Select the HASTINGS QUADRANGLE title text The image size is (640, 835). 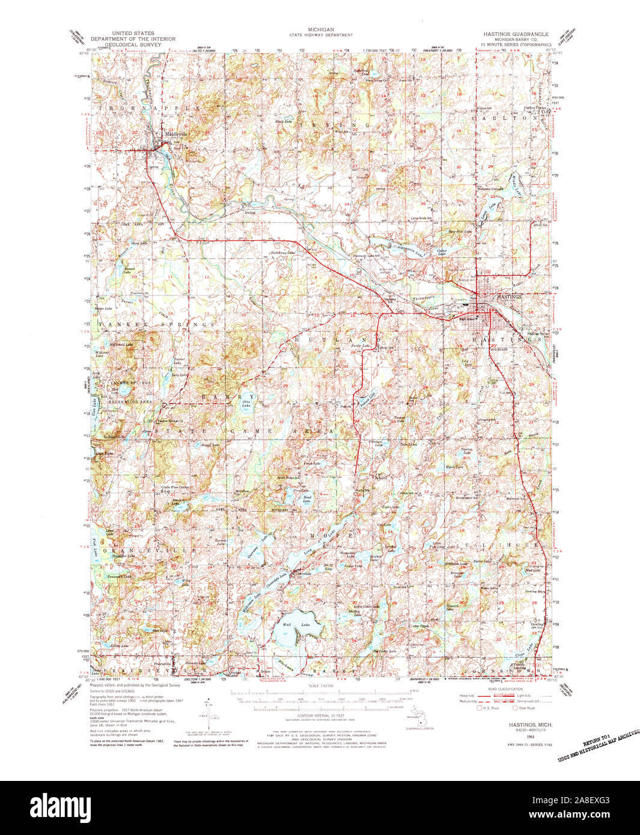516,35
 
